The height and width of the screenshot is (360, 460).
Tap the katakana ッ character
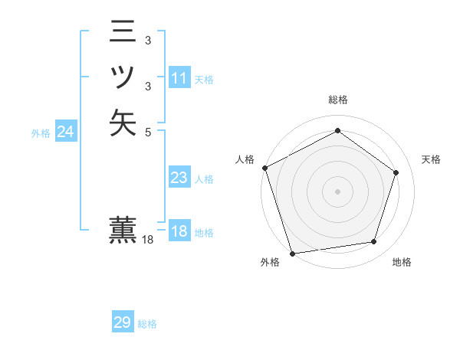123,77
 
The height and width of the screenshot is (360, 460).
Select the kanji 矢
123,123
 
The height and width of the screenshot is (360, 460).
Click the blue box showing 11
179,79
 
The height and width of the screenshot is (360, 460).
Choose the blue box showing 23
179,178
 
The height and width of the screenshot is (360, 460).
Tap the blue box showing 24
66,133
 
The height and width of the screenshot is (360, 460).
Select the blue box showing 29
123,322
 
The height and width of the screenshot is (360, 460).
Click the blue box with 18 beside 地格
179,232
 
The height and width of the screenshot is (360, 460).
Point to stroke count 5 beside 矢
147,131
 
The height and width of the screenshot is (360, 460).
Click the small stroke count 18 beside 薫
149,240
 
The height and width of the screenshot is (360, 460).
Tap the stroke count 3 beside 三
147,41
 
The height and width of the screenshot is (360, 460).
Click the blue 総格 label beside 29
147,324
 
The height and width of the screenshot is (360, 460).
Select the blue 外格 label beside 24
41,133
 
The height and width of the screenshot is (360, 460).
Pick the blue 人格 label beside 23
204,179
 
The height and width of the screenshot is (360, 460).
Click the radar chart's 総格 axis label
338,100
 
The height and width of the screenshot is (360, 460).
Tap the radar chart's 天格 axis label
432,159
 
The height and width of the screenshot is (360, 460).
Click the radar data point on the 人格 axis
265,168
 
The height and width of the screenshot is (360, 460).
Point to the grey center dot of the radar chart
337,191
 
